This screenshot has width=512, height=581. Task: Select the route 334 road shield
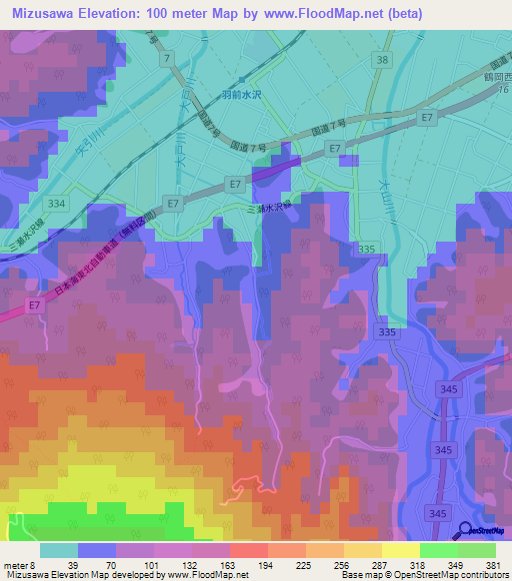point(57,204)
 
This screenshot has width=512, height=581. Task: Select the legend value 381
point(492,564)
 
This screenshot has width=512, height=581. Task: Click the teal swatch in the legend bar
point(58,550)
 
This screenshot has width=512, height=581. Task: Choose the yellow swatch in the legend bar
point(401,550)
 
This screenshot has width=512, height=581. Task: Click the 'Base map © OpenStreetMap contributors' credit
point(423,575)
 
